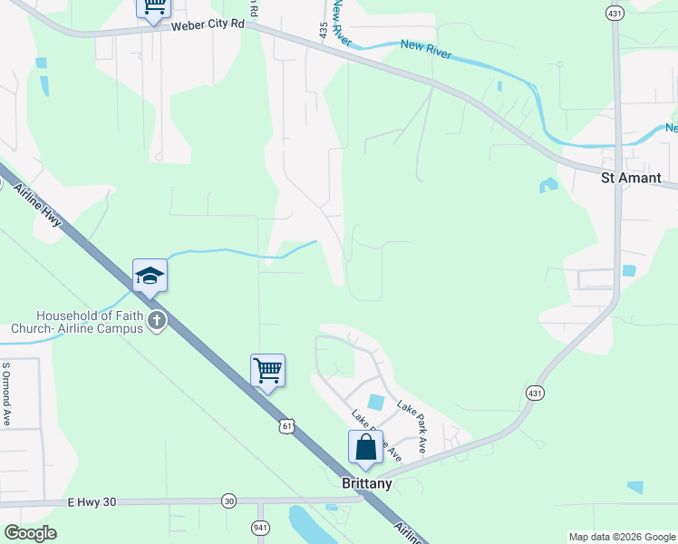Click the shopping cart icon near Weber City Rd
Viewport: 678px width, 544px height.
tap(154, 5)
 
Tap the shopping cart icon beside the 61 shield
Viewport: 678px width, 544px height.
tap(267, 370)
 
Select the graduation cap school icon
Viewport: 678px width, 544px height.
tap(150, 276)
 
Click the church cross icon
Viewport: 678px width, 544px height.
tap(157, 320)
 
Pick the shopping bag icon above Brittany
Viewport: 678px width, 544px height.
tap(365, 446)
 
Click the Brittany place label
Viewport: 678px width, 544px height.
tap(367, 484)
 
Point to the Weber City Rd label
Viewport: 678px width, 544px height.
tap(208, 26)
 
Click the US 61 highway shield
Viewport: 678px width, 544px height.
tap(287, 425)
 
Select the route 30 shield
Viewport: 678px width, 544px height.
tap(229, 500)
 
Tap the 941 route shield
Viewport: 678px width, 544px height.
tap(260, 525)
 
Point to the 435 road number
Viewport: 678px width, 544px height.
tap(324, 30)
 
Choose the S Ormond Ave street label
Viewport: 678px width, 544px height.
tap(5, 395)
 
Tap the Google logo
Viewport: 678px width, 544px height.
tap(30, 533)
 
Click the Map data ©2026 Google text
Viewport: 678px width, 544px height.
tap(621, 537)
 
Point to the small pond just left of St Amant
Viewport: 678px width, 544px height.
tap(547, 186)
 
